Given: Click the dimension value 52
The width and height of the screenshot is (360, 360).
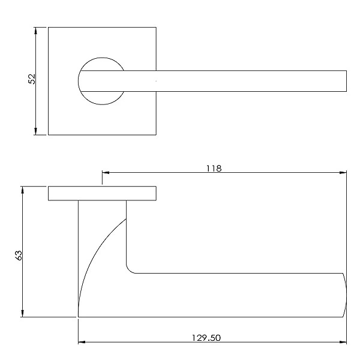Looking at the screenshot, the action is point(32,79).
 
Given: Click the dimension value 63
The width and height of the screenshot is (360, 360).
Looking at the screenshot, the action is point(19,255).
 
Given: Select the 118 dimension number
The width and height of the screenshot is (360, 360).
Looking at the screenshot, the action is point(214,169).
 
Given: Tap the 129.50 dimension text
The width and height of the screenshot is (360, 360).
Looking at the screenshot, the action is point(206,338).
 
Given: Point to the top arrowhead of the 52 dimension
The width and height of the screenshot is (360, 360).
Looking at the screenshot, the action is point(35,31).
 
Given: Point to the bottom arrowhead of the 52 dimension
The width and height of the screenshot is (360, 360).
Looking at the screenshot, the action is point(35,131).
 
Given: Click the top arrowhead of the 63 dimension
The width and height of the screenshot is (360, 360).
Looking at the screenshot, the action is point(22,190).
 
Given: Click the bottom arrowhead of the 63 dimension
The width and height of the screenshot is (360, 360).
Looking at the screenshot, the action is point(22,314).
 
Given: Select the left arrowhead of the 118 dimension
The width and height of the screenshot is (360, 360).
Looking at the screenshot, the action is point(106,172).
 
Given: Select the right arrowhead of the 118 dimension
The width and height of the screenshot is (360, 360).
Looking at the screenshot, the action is point(343,172).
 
